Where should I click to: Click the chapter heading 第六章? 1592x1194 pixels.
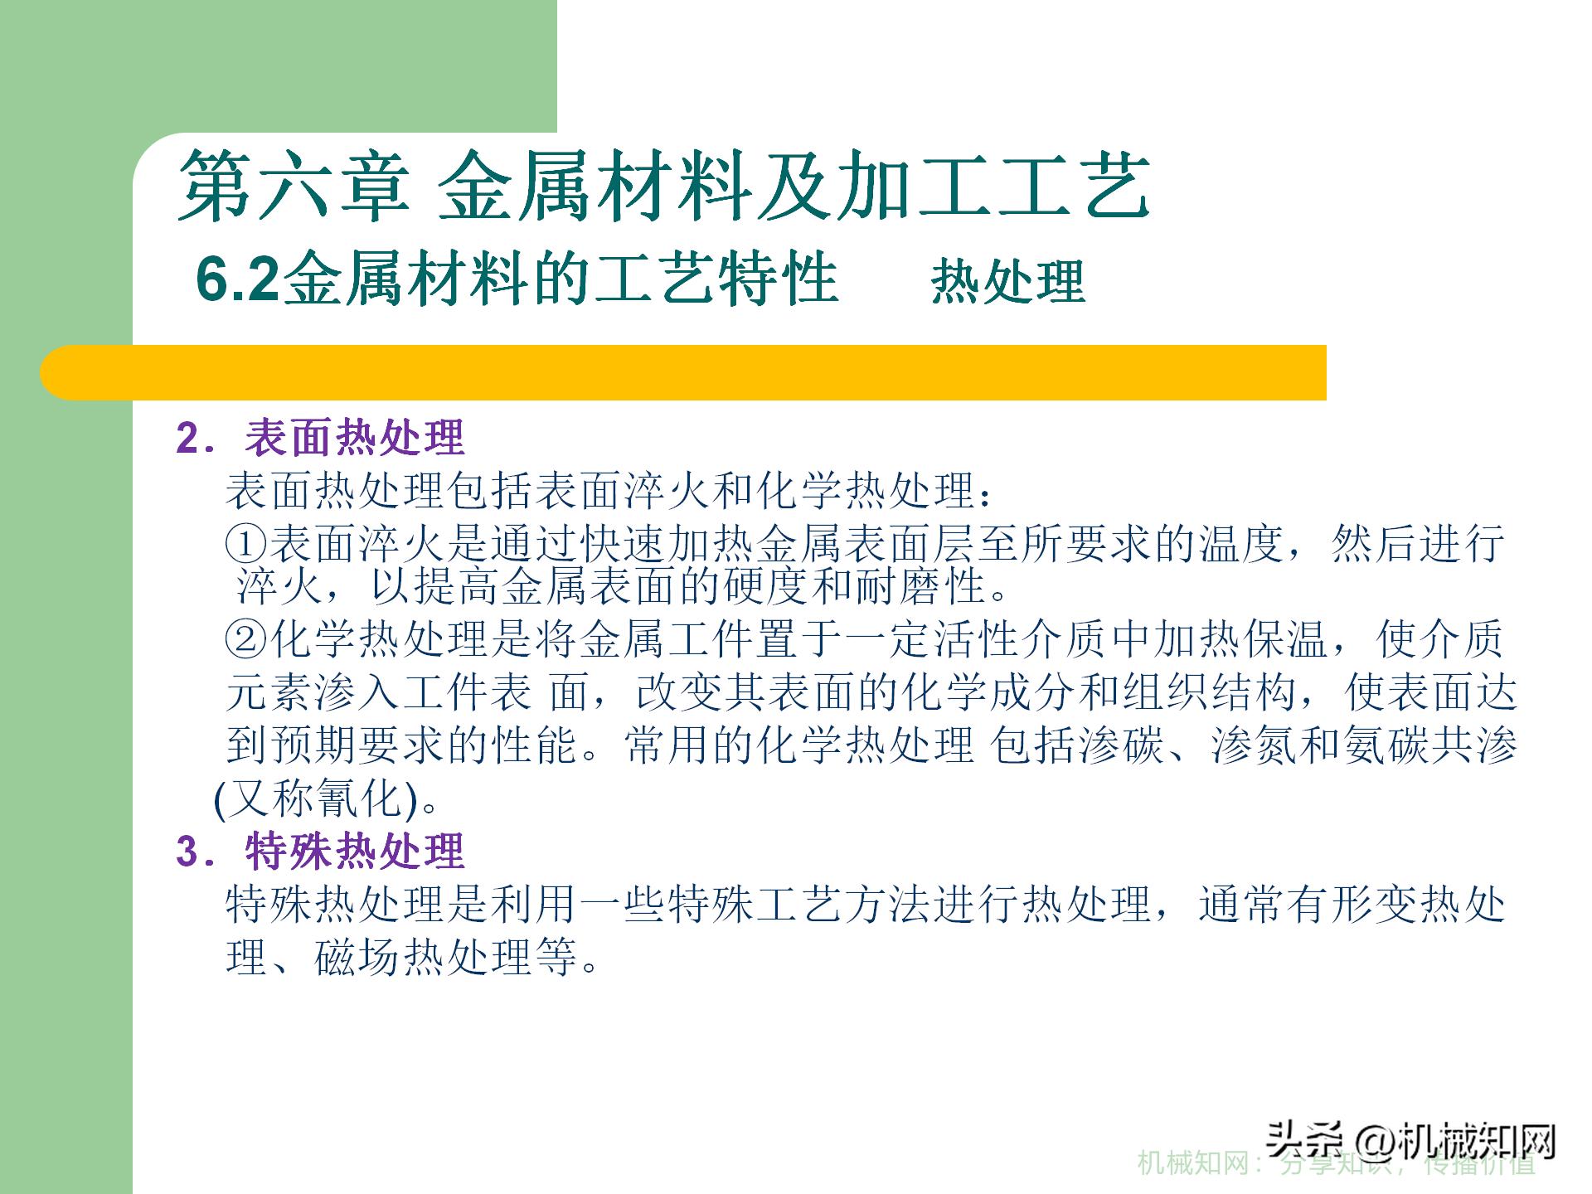click(294, 186)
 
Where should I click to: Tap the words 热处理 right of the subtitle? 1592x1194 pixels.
click(1007, 281)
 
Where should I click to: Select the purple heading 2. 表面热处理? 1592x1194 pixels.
click(320, 438)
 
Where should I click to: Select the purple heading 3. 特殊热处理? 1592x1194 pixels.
click(320, 852)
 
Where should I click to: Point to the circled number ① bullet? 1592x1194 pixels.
click(246, 544)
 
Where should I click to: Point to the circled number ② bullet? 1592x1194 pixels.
click(246, 639)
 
